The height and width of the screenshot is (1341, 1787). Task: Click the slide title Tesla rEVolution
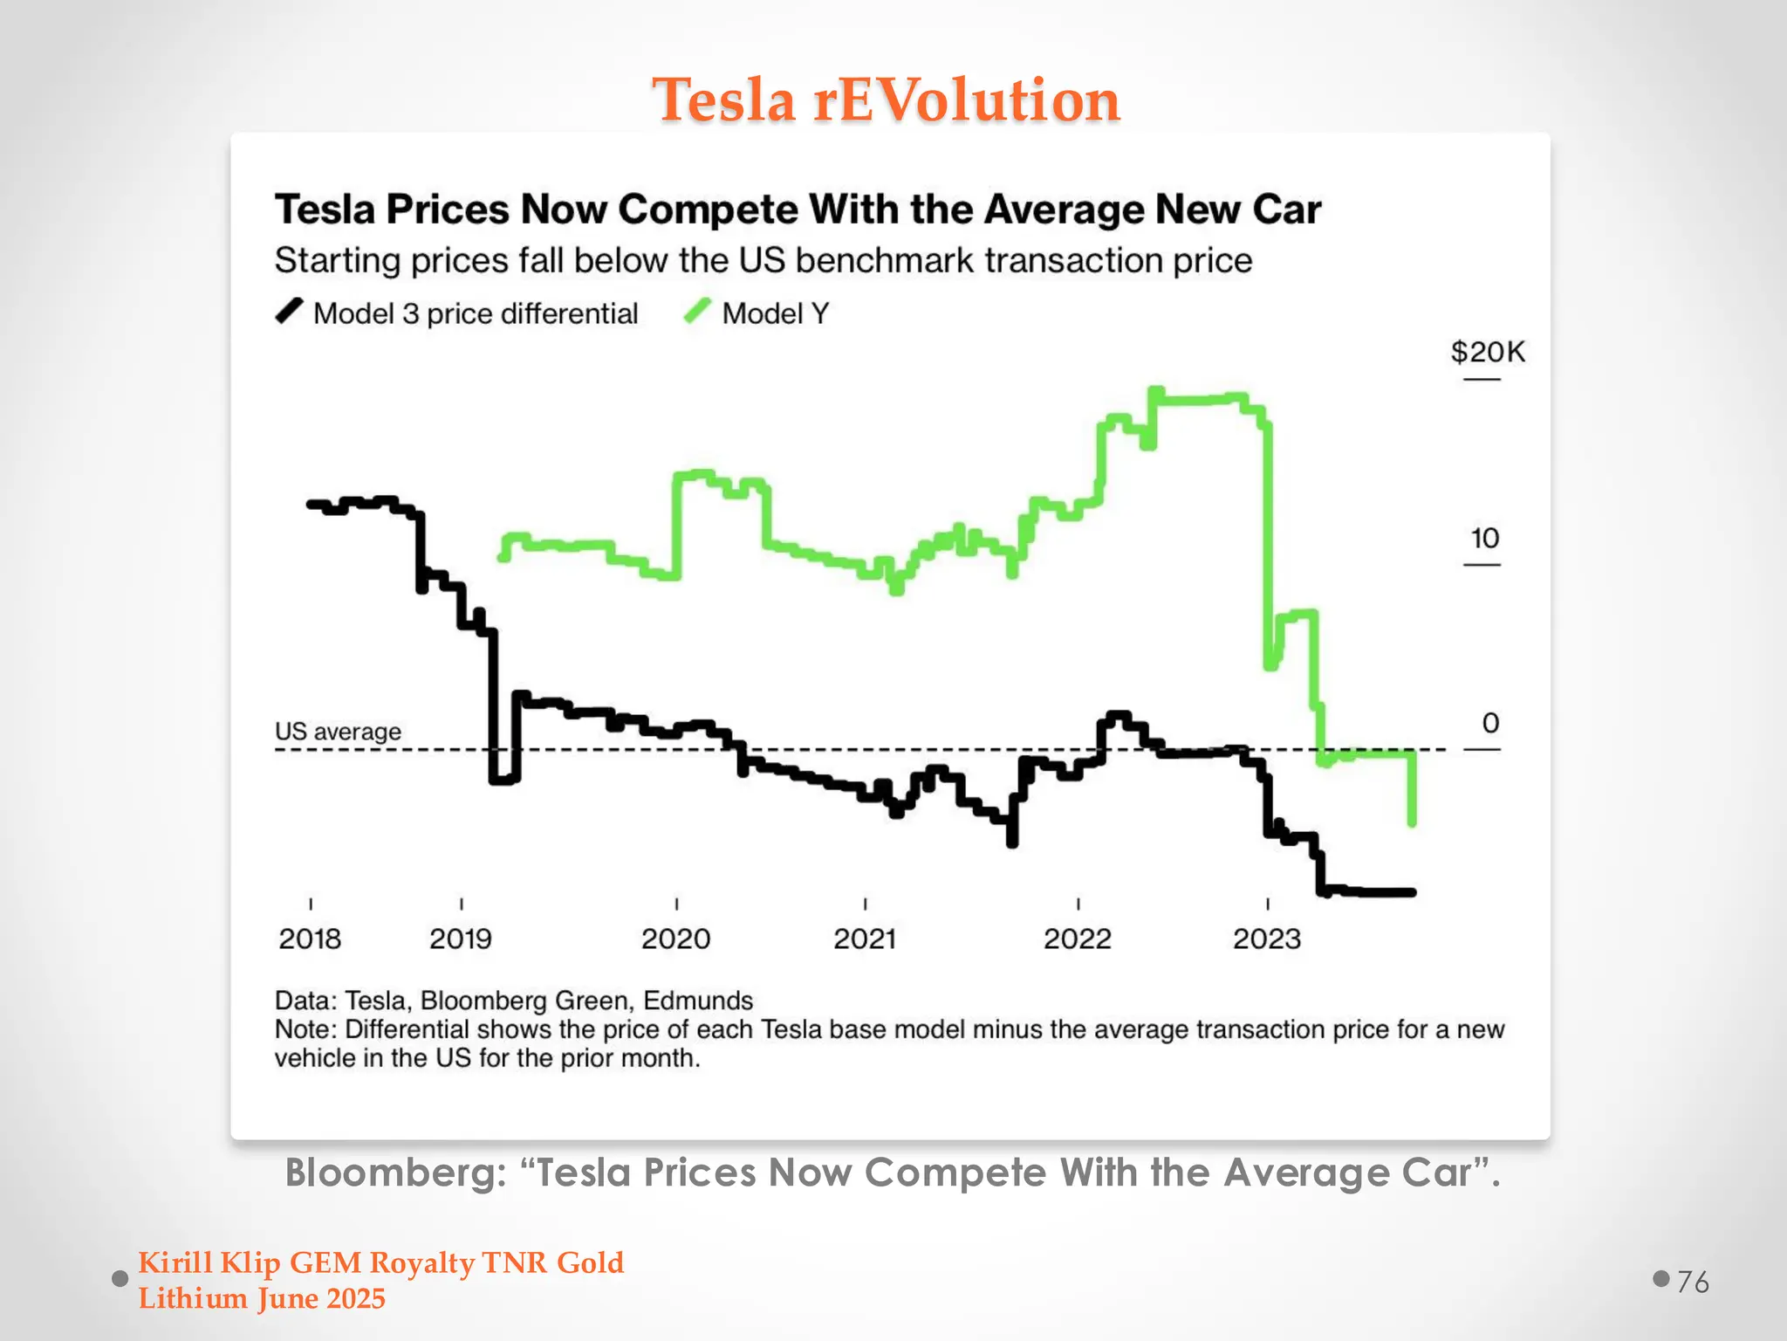coord(886,100)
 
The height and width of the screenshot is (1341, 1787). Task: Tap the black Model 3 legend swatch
coord(289,312)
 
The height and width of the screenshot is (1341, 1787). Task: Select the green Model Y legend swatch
coord(697,312)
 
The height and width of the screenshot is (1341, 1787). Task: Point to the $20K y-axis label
coord(1488,352)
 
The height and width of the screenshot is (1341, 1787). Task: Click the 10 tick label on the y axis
coord(1484,538)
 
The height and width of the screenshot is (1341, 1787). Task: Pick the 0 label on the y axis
coord(1490,723)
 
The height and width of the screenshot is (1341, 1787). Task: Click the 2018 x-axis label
coord(310,939)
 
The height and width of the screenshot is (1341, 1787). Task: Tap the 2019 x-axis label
coord(460,939)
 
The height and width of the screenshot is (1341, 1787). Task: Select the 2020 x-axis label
coord(675,939)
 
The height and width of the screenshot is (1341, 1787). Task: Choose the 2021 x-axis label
coord(865,939)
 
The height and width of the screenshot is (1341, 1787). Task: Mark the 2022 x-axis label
coord(1078,939)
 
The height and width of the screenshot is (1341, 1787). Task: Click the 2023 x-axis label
coord(1266,939)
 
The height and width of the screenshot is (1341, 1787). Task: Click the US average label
coord(338,732)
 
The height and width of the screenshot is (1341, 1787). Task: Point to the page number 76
coord(1693,1282)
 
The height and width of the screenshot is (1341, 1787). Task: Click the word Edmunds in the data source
coord(698,1001)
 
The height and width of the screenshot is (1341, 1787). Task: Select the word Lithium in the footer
coord(193,1299)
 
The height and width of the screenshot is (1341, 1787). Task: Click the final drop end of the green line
coord(1412,821)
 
